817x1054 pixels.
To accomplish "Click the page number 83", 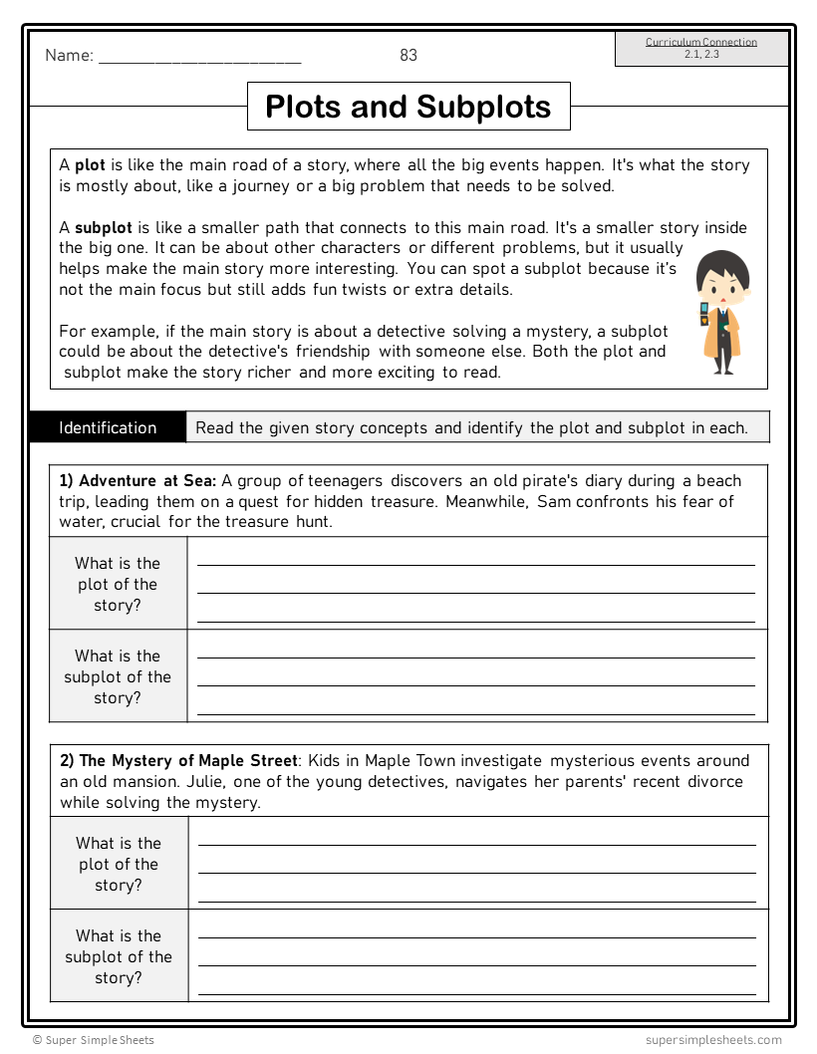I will coord(408,56).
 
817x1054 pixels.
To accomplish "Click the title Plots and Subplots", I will coord(408,107).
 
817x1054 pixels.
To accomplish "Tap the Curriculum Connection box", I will coord(701,48).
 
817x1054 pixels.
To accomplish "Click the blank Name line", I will coord(199,58).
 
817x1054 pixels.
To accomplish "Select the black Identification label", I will coord(108,428).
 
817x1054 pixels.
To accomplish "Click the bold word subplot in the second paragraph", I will coord(104,228).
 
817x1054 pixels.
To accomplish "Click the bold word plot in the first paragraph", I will coord(90,165).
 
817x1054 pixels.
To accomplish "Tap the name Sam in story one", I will coord(553,501).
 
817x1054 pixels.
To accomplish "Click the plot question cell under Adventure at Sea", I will coord(118,584).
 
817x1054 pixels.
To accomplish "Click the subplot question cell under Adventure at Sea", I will coord(118,676).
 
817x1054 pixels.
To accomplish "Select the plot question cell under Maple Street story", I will coord(119,864).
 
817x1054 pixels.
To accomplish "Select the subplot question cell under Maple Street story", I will coord(119,956).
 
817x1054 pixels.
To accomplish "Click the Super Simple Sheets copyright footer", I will coord(94,1040).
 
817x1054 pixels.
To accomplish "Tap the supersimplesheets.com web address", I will coord(713,1040).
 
